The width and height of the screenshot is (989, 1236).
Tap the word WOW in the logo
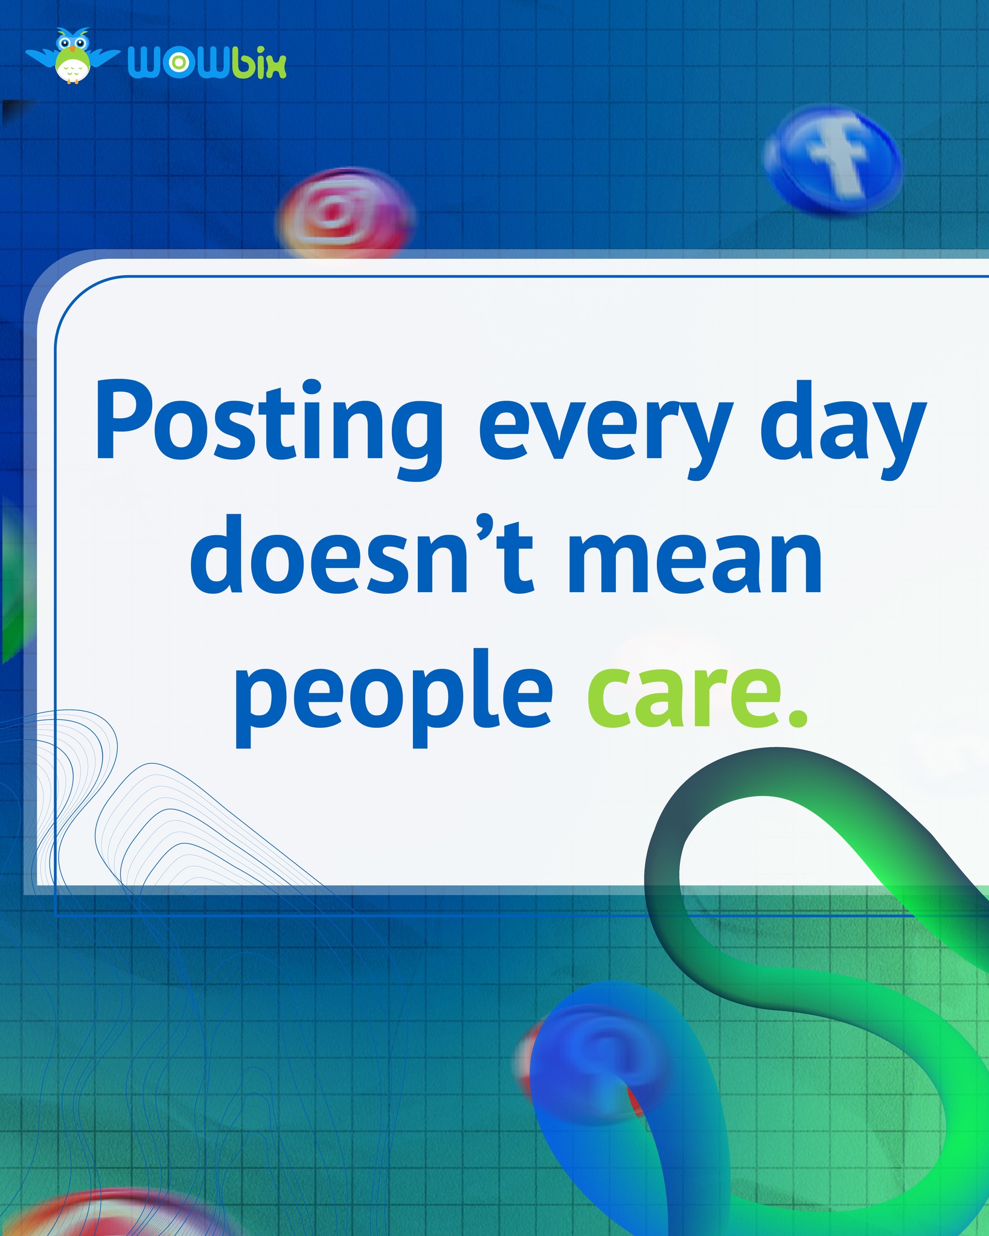coord(178,63)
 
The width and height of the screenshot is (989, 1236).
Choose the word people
coord(392,694)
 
